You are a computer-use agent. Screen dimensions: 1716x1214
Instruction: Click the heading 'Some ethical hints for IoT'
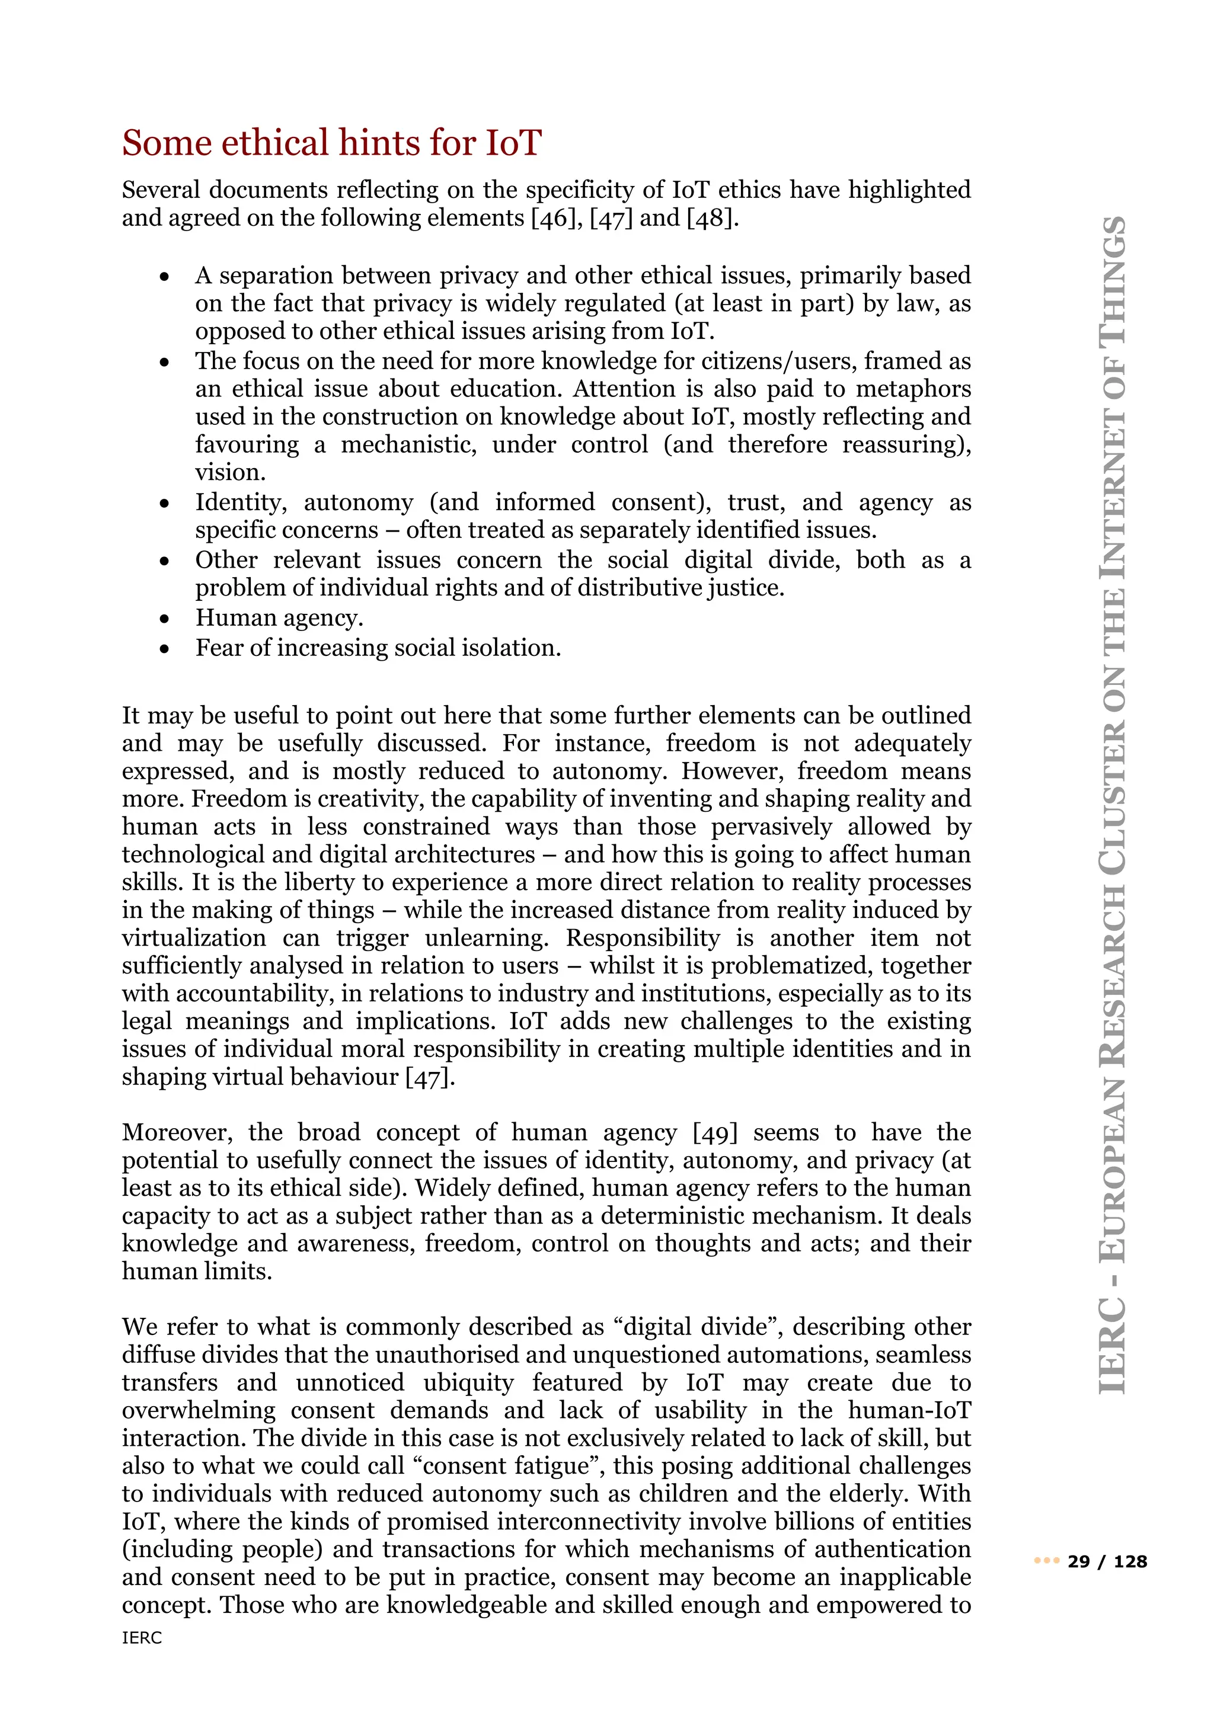tap(331, 143)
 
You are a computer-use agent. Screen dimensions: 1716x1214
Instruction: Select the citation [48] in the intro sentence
tap(713, 218)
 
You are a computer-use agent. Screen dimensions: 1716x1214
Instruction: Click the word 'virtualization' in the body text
tap(194, 938)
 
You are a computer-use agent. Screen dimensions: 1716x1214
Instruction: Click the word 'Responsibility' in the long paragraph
tap(643, 938)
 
